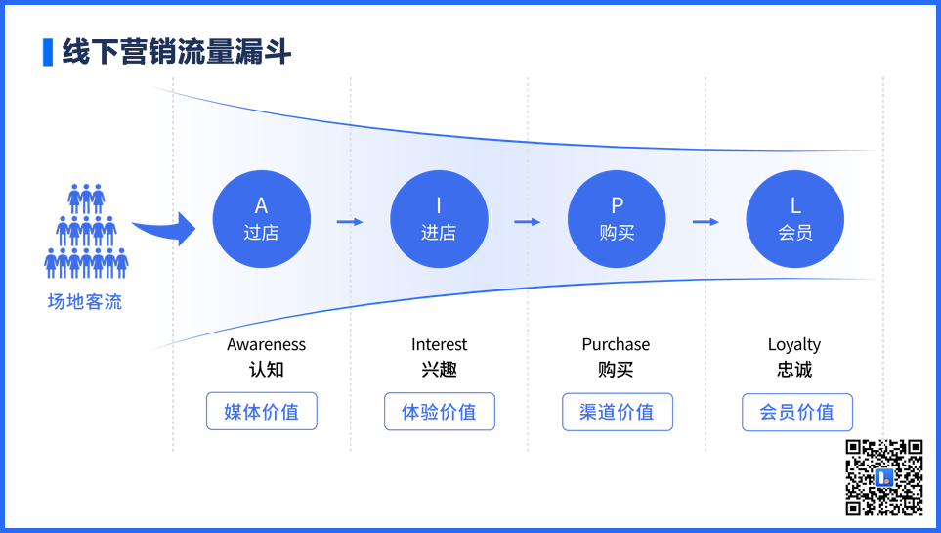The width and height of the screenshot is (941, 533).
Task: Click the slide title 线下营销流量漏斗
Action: pos(177,51)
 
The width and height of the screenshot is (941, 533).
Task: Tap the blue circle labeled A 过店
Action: pos(262,219)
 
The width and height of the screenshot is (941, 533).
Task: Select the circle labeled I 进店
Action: pos(440,219)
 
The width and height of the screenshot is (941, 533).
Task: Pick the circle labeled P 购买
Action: pos(617,219)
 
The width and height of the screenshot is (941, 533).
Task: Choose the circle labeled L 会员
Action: pos(795,219)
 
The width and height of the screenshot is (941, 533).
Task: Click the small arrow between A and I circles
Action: pos(350,222)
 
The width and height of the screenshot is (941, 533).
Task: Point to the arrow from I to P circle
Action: pos(528,222)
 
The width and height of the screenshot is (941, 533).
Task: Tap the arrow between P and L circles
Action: pos(706,222)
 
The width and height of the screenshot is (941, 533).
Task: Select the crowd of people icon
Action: pos(86,232)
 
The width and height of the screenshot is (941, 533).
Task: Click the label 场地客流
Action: pos(85,301)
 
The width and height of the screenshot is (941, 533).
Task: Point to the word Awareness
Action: pos(267,344)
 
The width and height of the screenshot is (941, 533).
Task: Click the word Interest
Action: pos(440,344)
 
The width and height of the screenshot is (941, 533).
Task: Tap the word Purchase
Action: pos(616,344)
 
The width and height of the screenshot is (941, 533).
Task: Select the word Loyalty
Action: pos(794,345)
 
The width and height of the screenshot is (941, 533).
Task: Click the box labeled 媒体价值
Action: pos(262,411)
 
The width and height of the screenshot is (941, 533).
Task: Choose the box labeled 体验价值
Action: pos(440,412)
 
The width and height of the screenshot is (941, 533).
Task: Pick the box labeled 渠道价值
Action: pos(618,412)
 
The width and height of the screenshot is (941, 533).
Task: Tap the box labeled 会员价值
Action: pos(797,412)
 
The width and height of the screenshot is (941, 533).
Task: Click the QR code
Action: pos(884,477)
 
